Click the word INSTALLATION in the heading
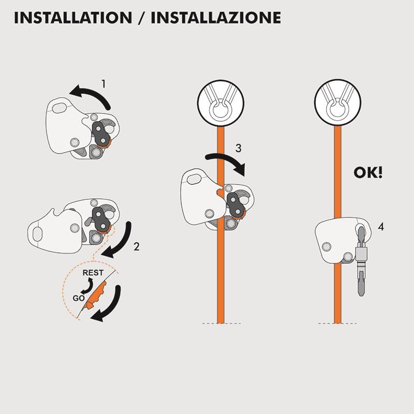click(73, 18)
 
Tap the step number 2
click(136, 246)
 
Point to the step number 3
click(238, 148)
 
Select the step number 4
click(381, 226)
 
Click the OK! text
click(368, 172)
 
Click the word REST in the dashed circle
click(93, 273)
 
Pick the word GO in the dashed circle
click(79, 299)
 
